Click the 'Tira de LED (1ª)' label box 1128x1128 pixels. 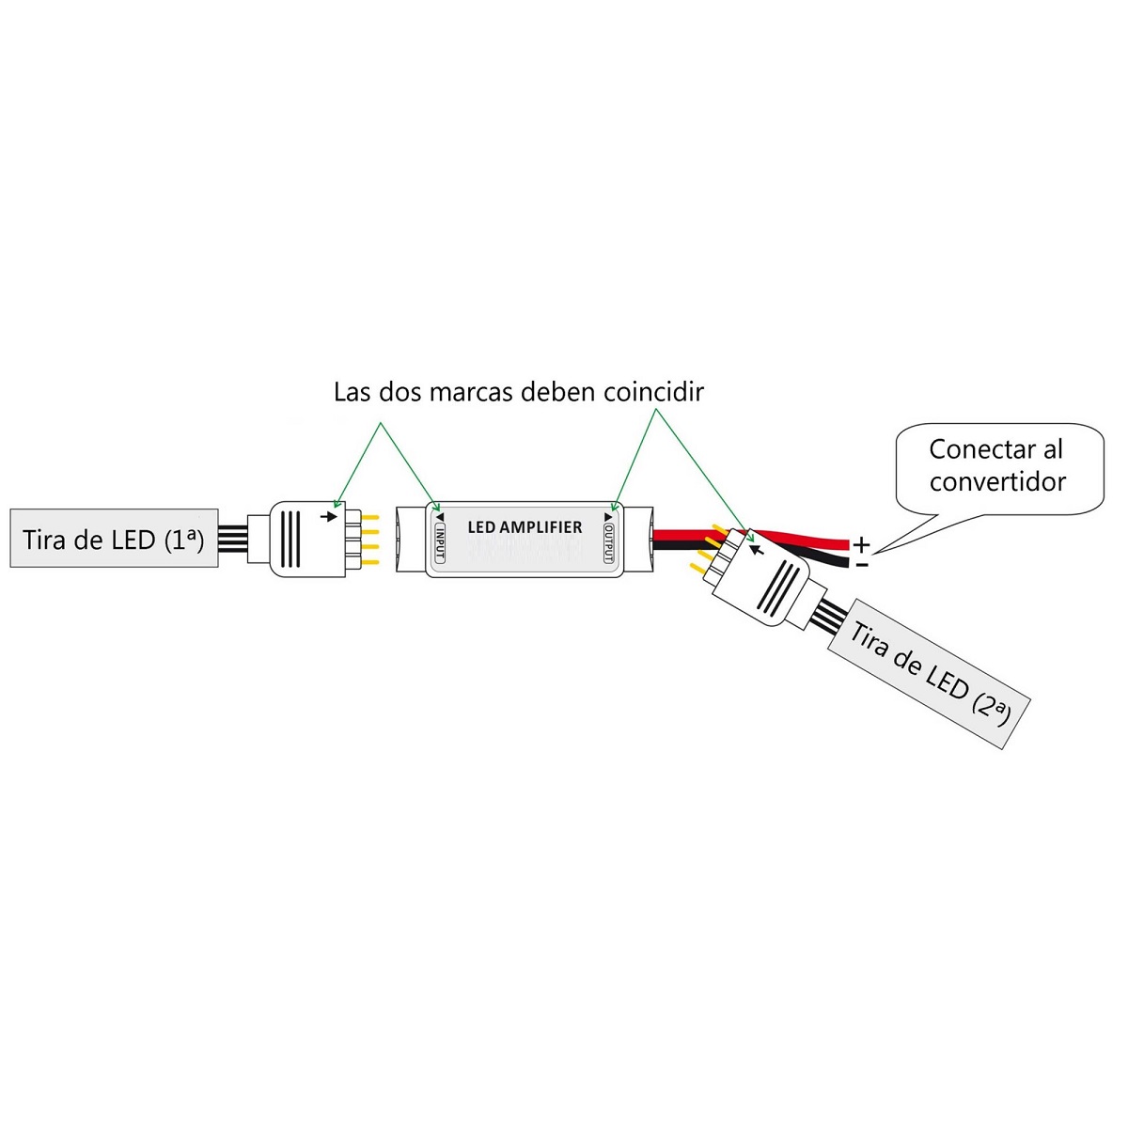114,538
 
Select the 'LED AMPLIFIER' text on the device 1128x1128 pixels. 525,526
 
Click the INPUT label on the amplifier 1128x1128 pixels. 440,542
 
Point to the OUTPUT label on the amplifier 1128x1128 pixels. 609,542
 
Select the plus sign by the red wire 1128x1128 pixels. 861,545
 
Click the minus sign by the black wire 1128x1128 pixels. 861,564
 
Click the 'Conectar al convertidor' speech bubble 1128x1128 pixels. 999,469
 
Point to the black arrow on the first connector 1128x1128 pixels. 329,516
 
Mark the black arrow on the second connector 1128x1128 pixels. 757,549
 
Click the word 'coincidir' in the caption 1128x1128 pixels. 653,392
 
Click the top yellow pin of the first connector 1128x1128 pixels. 370,517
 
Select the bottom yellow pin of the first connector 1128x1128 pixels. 370,562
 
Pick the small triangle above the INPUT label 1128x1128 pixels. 440,517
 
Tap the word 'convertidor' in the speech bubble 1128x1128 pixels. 997,482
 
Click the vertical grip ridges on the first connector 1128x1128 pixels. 290,540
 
